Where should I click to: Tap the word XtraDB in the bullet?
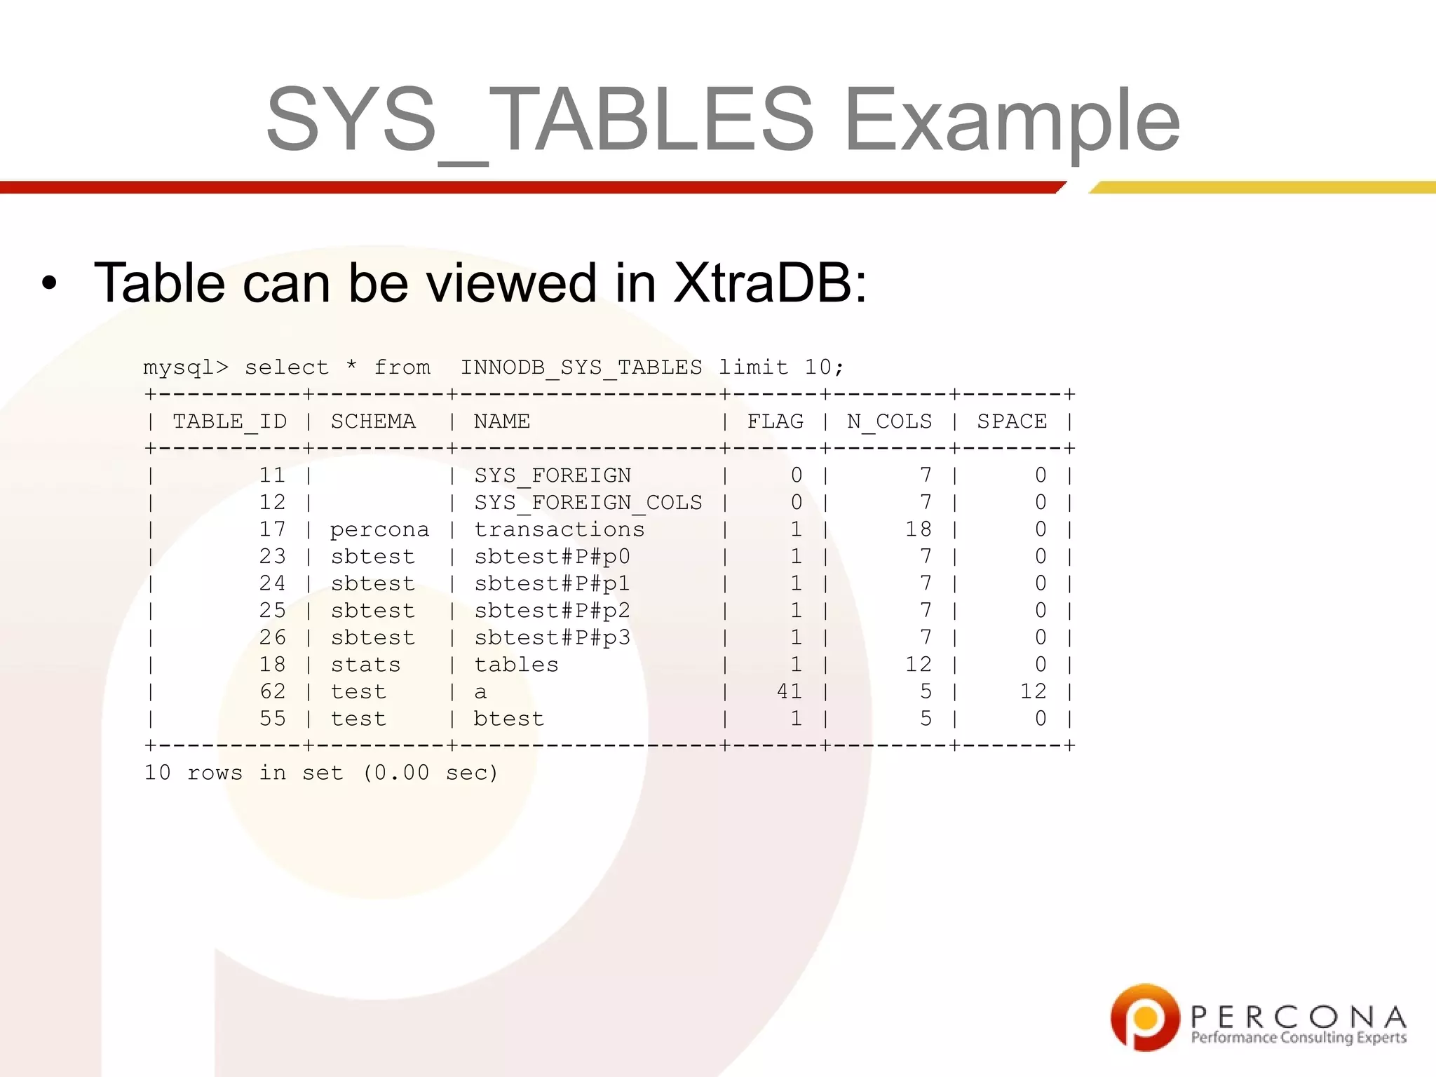point(769,283)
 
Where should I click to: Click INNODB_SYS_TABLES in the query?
point(581,367)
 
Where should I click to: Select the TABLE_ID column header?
point(229,421)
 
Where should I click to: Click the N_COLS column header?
point(889,421)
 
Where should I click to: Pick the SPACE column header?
point(1012,421)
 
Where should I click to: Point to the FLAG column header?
point(775,421)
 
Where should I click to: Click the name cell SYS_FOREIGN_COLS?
point(588,503)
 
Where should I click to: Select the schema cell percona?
point(379,530)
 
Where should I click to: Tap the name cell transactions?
point(559,530)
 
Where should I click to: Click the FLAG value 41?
point(789,692)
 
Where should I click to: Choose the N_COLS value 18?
point(918,530)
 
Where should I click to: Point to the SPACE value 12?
point(1033,692)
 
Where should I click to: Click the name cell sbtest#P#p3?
point(552,638)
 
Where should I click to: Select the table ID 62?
point(272,692)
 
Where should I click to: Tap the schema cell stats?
point(365,665)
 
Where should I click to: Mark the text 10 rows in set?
point(243,773)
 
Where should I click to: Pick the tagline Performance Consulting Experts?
point(1299,1038)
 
